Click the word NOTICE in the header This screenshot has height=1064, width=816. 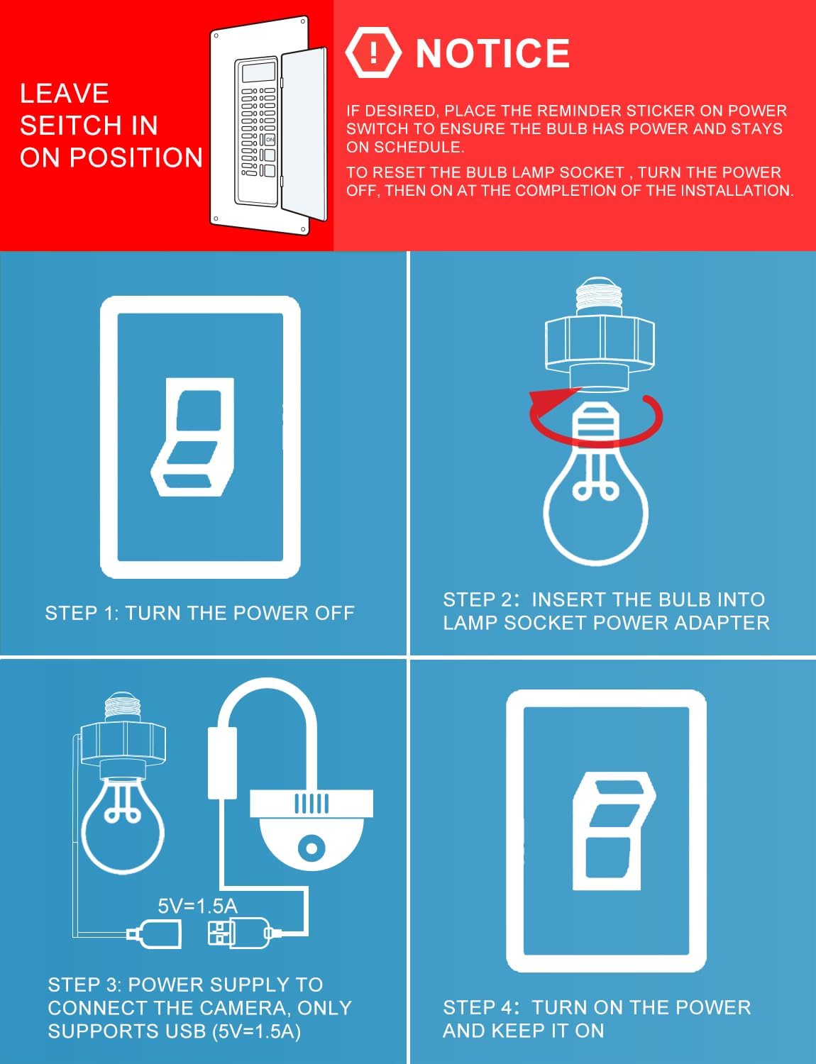(x=492, y=53)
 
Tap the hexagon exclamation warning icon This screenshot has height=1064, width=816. (x=373, y=52)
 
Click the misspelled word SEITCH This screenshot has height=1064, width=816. (x=89, y=126)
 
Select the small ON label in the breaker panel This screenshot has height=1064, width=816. (x=270, y=140)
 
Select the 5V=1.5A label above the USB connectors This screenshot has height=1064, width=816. (x=197, y=907)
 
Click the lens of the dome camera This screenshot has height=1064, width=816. (x=311, y=847)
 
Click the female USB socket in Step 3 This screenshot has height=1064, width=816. (x=154, y=933)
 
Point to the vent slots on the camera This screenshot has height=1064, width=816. (x=311, y=804)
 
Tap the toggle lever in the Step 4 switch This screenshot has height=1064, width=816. (x=614, y=831)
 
